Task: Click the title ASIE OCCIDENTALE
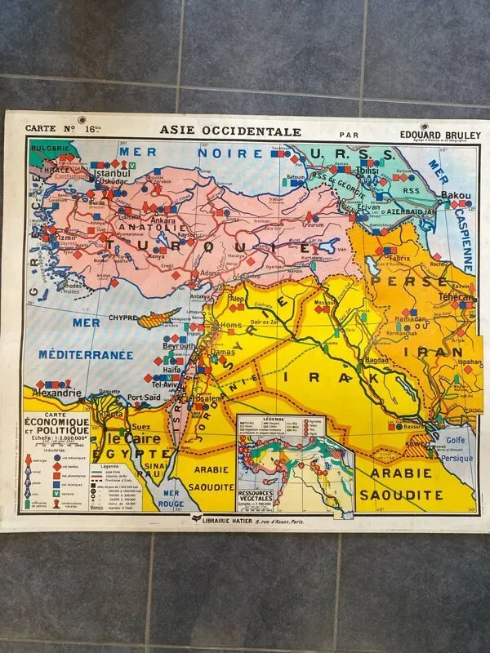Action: [x=231, y=131]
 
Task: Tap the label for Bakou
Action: [x=455, y=196]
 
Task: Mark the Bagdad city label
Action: [x=381, y=360]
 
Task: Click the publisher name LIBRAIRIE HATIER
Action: [x=240, y=518]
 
